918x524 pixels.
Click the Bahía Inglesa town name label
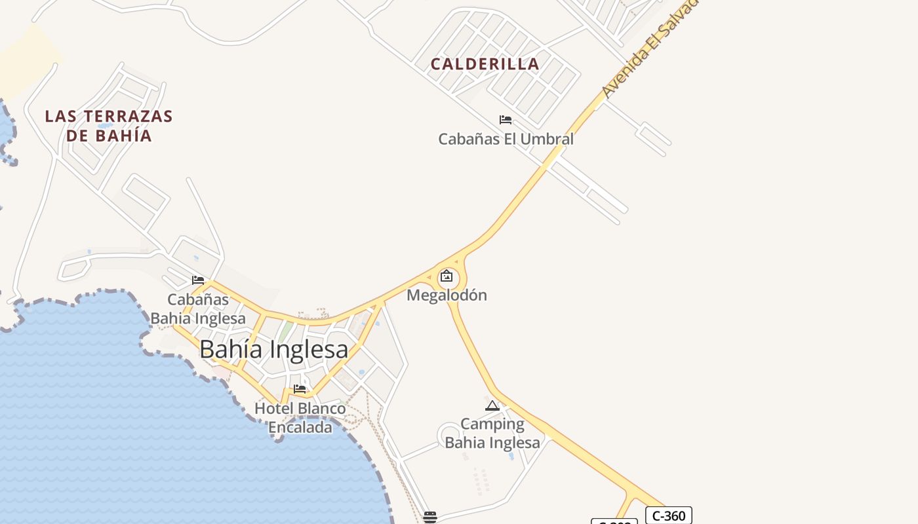(273, 350)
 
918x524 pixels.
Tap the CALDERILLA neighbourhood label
(485, 64)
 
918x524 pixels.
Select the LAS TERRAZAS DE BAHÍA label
(109, 126)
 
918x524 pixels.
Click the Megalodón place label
(447, 295)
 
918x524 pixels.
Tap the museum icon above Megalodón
(447, 276)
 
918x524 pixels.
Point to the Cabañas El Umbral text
(506, 139)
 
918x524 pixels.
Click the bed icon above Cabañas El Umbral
(506, 120)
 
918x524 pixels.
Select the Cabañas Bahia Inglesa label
(198, 309)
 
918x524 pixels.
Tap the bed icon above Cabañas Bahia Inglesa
(198, 280)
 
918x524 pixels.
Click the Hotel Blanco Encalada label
(300, 418)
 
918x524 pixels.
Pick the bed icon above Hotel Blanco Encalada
(300, 389)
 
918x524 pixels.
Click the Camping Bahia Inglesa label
(492, 433)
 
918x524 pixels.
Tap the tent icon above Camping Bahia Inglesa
(492, 406)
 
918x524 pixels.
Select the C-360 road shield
(668, 515)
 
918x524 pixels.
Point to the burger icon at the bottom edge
(430, 517)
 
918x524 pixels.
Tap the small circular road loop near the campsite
(450, 436)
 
